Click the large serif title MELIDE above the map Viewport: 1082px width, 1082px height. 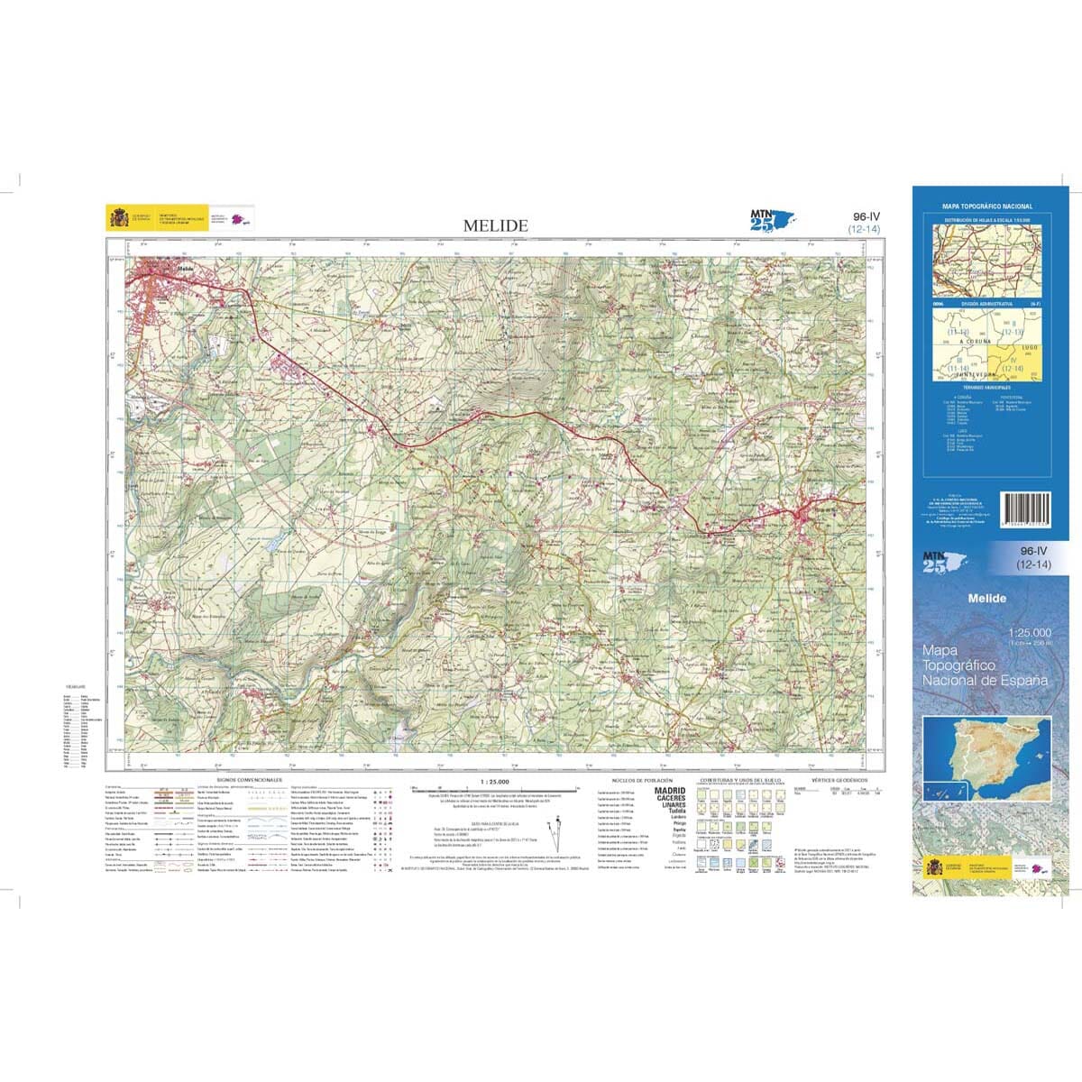[x=496, y=225]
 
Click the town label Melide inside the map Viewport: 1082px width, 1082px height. [x=187, y=269]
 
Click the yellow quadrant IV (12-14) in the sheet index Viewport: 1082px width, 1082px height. [x=1013, y=364]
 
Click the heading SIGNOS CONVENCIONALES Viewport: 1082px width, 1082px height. [x=250, y=780]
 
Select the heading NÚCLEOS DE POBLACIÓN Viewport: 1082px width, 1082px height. [x=637, y=780]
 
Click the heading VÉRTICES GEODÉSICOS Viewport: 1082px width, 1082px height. [x=839, y=780]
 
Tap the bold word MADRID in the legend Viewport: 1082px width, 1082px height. [x=670, y=791]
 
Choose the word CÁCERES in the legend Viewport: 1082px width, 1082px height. [x=670, y=799]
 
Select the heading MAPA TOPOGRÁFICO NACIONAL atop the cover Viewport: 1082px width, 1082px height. [x=986, y=206]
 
